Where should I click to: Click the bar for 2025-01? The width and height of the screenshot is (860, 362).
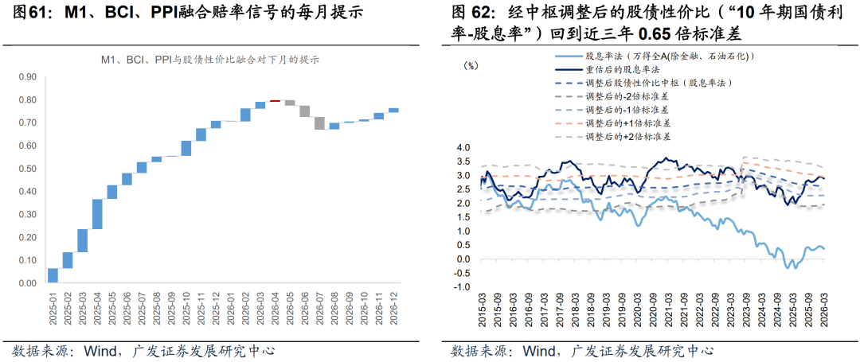coord(53,275)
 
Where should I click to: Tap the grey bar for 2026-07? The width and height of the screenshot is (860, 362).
coord(319,123)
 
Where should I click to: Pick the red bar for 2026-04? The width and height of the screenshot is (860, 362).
coord(275,101)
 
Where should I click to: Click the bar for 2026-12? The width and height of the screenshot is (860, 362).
coord(393,110)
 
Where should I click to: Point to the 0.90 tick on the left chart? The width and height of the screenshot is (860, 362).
coord(27,77)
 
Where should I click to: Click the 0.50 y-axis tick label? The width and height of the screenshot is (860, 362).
coord(27,169)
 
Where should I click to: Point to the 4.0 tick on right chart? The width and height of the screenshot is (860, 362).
coord(463,148)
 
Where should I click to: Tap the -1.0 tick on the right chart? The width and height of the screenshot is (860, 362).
coord(462,287)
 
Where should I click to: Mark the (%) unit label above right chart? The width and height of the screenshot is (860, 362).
coord(471,66)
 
